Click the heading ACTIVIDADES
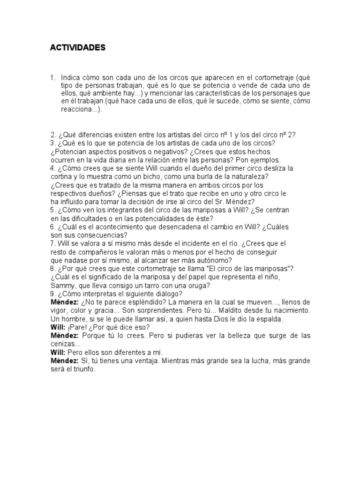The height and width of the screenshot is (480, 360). [x=78, y=48]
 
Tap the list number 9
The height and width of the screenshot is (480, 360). [x=52, y=294]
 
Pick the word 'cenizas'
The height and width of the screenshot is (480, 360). [x=63, y=344]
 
